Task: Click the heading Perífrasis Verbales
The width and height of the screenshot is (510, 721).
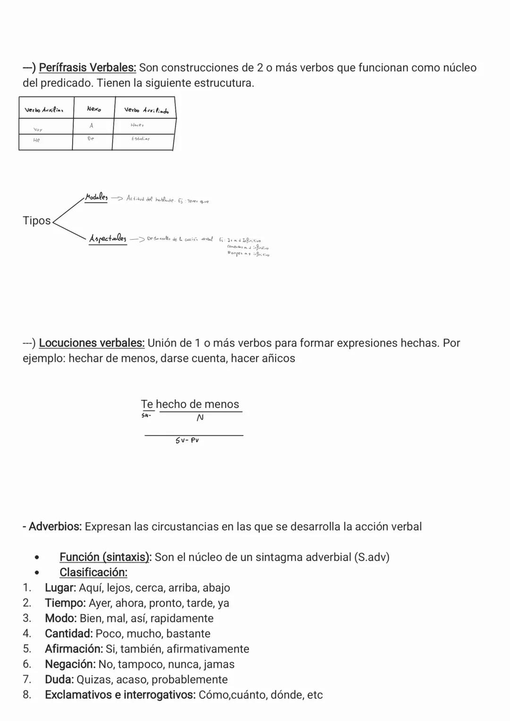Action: click(x=87, y=68)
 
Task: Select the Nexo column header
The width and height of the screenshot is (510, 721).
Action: click(x=93, y=109)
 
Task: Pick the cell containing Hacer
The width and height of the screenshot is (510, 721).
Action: click(x=137, y=125)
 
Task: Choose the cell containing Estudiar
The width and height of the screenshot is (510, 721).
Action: click(x=140, y=139)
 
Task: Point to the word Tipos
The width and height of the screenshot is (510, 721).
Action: click(x=36, y=221)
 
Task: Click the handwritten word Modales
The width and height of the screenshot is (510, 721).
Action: click(x=96, y=197)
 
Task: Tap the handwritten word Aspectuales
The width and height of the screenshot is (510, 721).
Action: click(x=108, y=239)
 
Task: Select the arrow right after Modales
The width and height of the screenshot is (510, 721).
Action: click(x=117, y=198)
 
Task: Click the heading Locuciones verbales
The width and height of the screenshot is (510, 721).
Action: click(x=92, y=343)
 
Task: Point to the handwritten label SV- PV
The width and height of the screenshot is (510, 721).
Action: click(x=187, y=440)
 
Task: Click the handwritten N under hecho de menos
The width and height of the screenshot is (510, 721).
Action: click(x=200, y=418)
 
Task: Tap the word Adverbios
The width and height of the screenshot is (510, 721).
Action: click(x=55, y=526)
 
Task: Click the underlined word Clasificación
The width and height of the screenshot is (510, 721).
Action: click(x=93, y=572)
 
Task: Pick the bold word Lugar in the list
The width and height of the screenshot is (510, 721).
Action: click(x=60, y=588)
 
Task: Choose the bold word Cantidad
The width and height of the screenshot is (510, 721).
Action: click(x=68, y=634)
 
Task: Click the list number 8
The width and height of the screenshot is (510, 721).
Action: click(x=27, y=695)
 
